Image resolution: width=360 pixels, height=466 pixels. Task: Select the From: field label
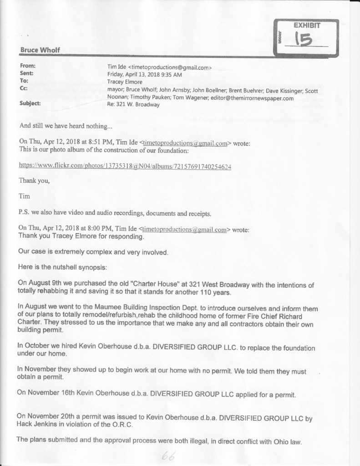[x=28, y=66]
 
